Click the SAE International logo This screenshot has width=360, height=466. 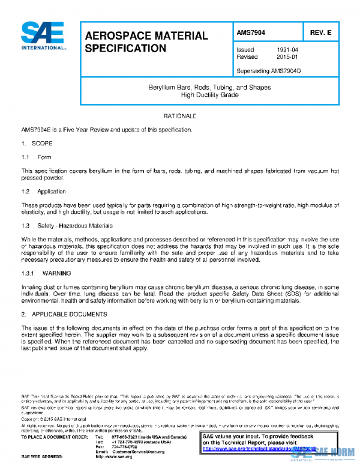click(43, 37)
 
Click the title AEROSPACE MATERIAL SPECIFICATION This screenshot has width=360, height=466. click(146, 41)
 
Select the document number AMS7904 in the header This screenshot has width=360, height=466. click(251, 32)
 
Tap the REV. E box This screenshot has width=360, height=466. click(320, 32)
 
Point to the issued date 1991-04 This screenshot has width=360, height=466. click(287, 49)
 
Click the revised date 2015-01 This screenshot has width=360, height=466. click(287, 57)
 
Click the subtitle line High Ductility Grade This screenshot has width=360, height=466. click(209, 95)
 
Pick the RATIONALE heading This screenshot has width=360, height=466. click(180, 115)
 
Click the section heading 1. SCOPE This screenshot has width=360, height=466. click(37, 144)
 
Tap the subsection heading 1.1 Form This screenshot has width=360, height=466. click(37, 157)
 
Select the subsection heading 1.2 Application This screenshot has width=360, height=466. click(44, 192)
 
